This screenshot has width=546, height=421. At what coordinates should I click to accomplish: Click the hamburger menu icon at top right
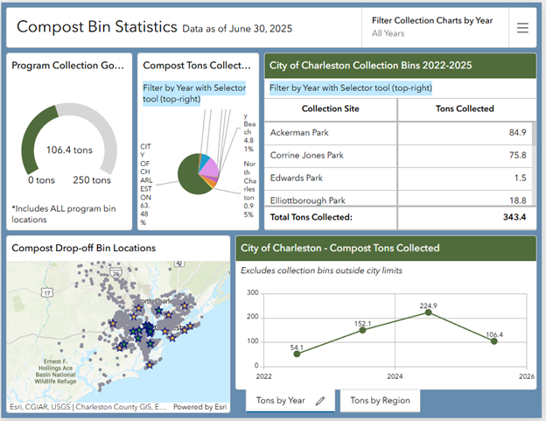tap(522, 28)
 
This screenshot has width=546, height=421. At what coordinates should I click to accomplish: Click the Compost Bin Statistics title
tap(96, 27)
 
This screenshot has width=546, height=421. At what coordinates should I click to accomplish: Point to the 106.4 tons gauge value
tap(69, 150)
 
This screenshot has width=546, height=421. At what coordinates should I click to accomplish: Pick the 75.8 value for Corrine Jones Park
tap(517, 155)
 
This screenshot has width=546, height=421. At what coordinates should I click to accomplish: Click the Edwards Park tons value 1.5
tap(520, 178)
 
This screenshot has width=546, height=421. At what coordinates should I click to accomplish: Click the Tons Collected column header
tap(464, 109)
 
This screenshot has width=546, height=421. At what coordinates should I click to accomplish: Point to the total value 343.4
tap(512, 216)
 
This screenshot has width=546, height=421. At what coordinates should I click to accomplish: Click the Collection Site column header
tap(330, 109)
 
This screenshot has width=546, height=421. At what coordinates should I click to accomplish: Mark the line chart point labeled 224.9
tap(429, 312)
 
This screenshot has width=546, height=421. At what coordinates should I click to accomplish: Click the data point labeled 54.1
tap(297, 354)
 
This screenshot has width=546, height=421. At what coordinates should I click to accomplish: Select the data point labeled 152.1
tap(363, 329)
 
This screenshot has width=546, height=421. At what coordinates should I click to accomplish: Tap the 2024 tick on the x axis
tap(395, 376)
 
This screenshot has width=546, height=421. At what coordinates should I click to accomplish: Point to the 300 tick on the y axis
tap(253, 293)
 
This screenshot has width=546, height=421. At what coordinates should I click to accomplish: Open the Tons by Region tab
tap(379, 400)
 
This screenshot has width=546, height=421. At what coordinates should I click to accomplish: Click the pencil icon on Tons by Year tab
tap(321, 400)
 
